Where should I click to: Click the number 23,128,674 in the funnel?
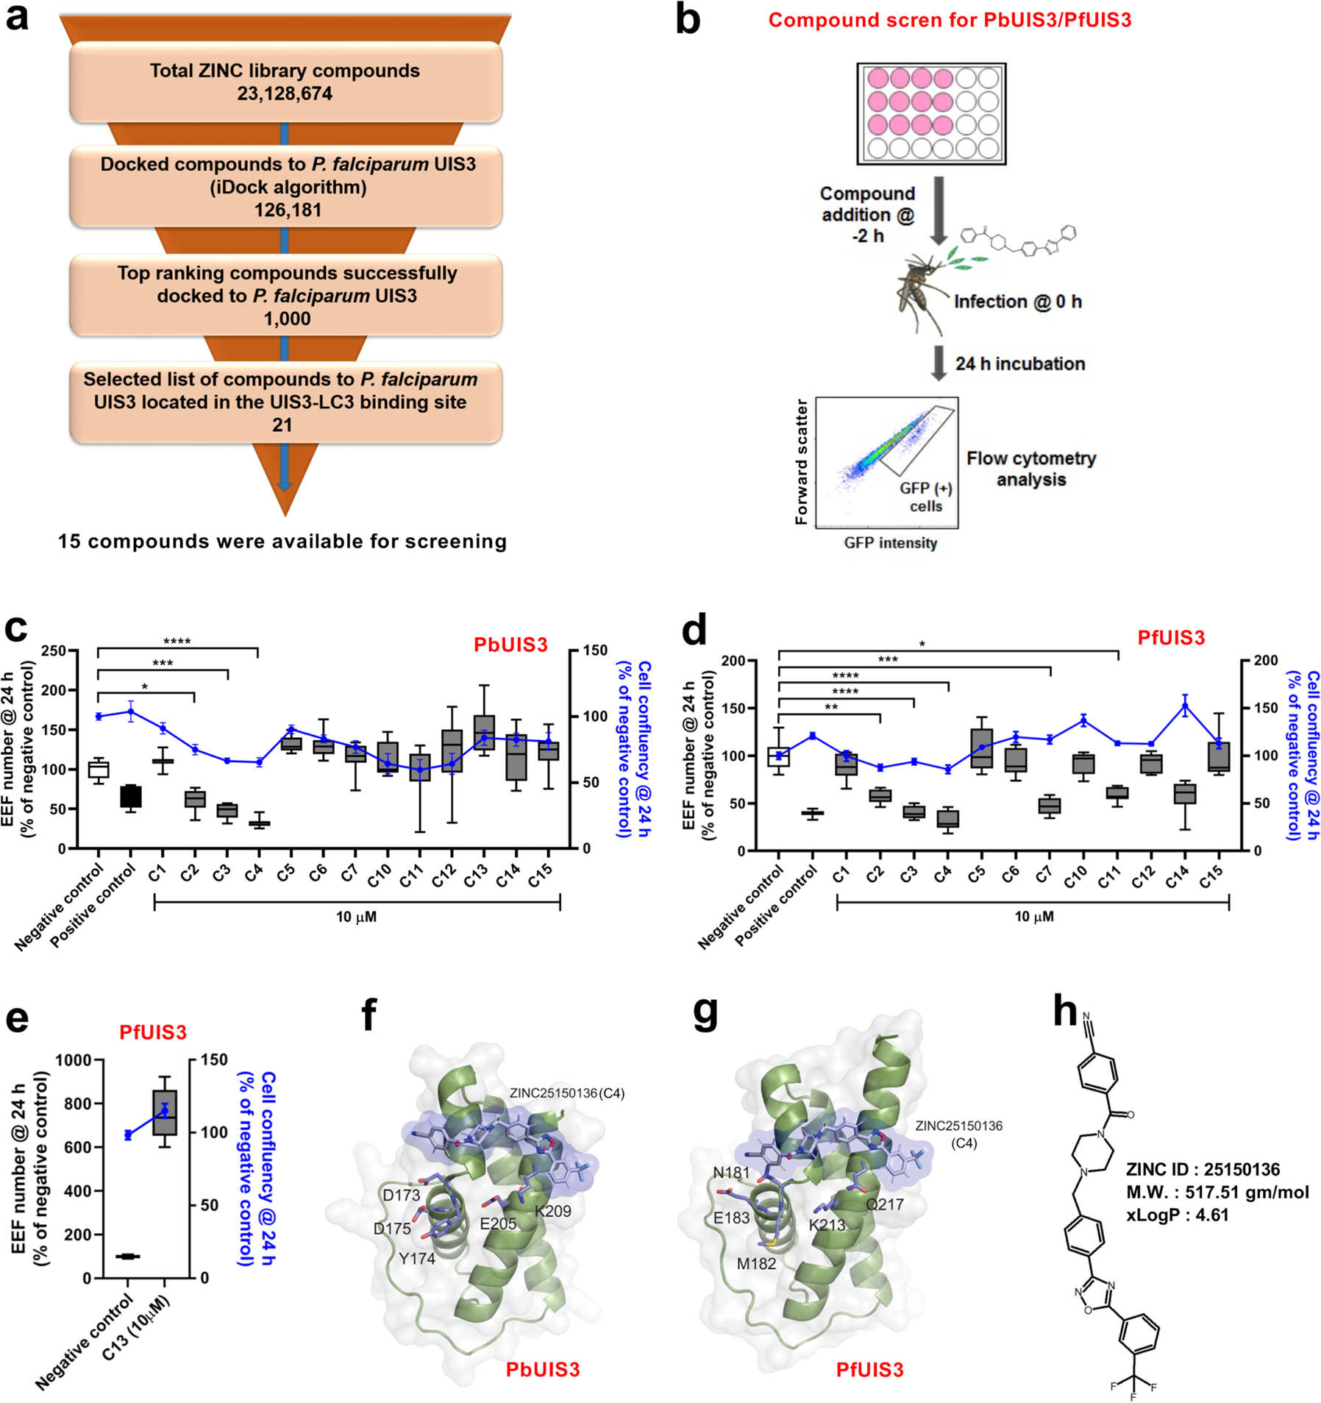coord(285,93)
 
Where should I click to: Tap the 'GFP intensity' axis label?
coord(890,543)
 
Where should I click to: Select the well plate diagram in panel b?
coord(930,113)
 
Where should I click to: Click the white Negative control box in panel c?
coord(99,770)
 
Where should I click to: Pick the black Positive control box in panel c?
coord(131,796)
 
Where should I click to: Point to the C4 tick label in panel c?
coord(254,873)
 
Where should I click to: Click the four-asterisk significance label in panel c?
coord(177,642)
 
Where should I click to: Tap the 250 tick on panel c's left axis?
coord(53,650)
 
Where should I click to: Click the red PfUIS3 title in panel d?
coord(1171,637)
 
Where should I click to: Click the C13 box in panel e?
coord(165,1112)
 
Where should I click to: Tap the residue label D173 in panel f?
coord(402,1195)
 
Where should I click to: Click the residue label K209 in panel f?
coord(552,1211)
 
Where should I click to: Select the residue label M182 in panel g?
coord(757,1263)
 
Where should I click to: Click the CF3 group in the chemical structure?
coord(1133,1387)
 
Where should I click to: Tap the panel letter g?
coord(705,1014)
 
